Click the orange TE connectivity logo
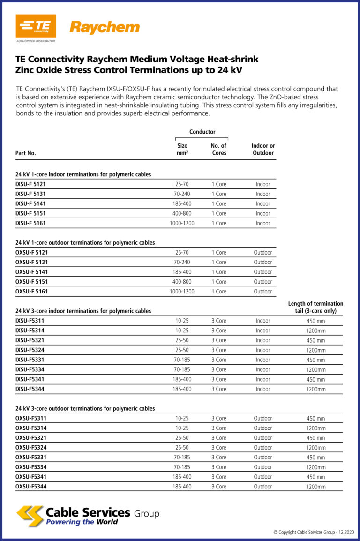click(x=36, y=26)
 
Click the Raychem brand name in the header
click(x=105, y=27)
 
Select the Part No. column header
click(x=26, y=153)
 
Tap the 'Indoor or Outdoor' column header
click(x=263, y=150)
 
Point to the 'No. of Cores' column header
click(x=219, y=150)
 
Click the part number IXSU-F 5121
click(x=30, y=184)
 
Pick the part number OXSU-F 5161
click(x=32, y=292)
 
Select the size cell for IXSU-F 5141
click(x=182, y=204)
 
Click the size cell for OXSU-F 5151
click(x=182, y=282)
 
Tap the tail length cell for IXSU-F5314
click(x=315, y=331)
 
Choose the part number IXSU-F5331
click(x=30, y=360)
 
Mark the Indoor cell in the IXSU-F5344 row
click(x=263, y=389)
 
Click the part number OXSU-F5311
click(x=31, y=419)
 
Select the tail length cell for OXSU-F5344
click(x=315, y=487)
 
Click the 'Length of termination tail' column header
click(x=315, y=308)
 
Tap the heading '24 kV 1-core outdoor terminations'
click(x=85, y=243)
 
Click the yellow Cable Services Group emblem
click(x=30, y=516)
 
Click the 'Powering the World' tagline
click(x=82, y=522)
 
